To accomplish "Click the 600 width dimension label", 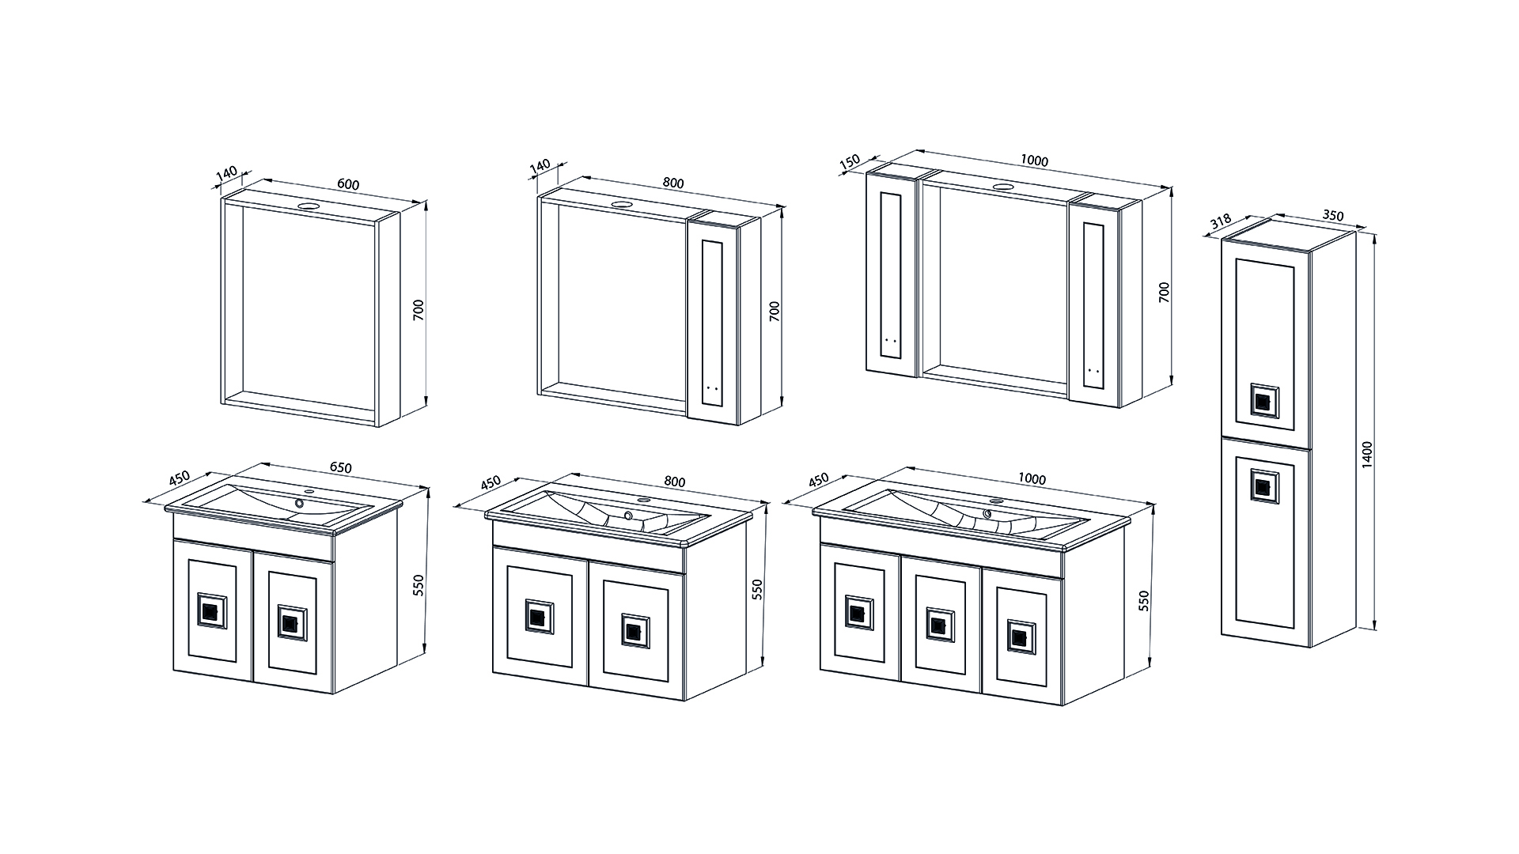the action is [348, 185].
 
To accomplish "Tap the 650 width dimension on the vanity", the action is [340, 467].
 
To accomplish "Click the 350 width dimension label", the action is [1333, 214].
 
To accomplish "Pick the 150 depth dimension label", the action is [850, 162].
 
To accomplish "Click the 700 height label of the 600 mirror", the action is [419, 309].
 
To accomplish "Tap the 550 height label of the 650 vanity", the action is [419, 584].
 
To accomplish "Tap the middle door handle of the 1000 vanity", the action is [939, 623].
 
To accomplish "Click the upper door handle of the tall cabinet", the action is [1263, 400].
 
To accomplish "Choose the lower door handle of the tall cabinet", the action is [1263, 486].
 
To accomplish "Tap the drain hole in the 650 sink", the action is [301, 503].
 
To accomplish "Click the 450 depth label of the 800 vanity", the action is [491, 482].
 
